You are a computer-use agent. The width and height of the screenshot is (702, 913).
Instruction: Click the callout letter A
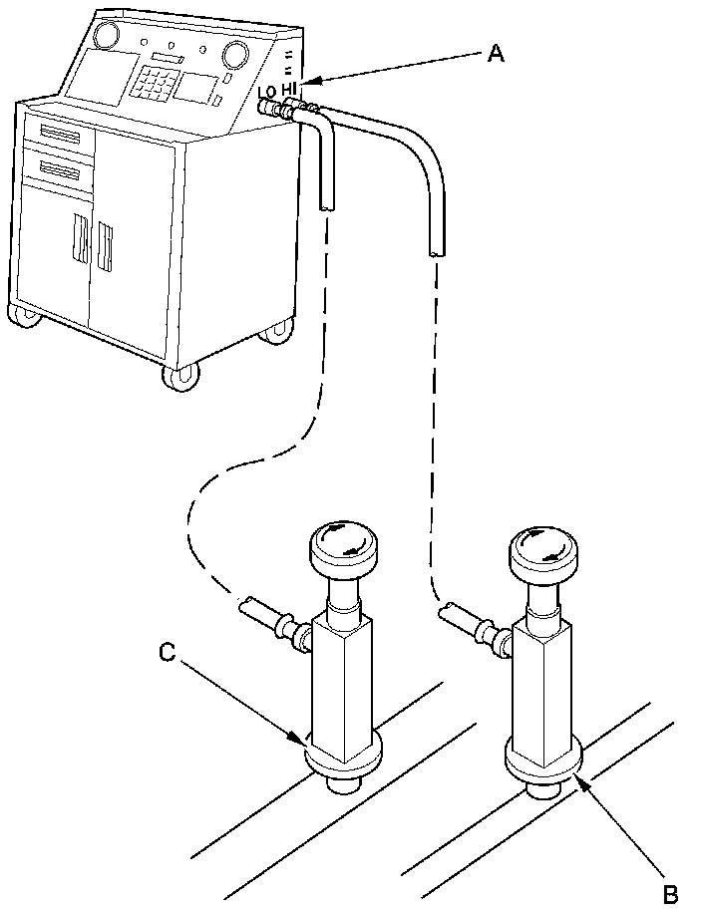point(496,54)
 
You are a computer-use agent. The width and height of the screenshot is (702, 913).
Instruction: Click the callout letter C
point(169,653)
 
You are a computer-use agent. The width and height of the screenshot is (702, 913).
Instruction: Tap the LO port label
point(267,93)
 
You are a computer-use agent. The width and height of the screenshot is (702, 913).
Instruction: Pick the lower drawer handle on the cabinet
point(59,170)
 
